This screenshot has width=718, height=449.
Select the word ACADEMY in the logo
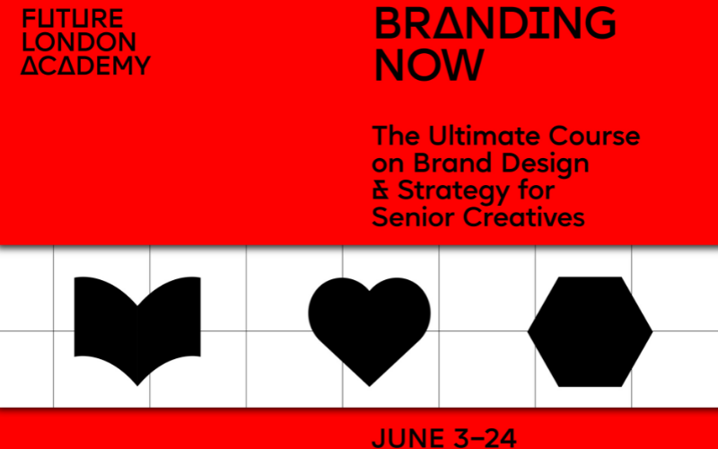click(x=87, y=65)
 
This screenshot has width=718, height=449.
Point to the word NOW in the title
click(x=429, y=65)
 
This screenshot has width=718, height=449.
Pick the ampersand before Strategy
click(x=381, y=191)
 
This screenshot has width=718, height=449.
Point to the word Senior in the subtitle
click(x=414, y=217)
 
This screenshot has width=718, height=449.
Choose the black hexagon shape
click(x=590, y=330)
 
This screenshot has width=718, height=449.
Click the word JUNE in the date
click(x=407, y=438)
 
